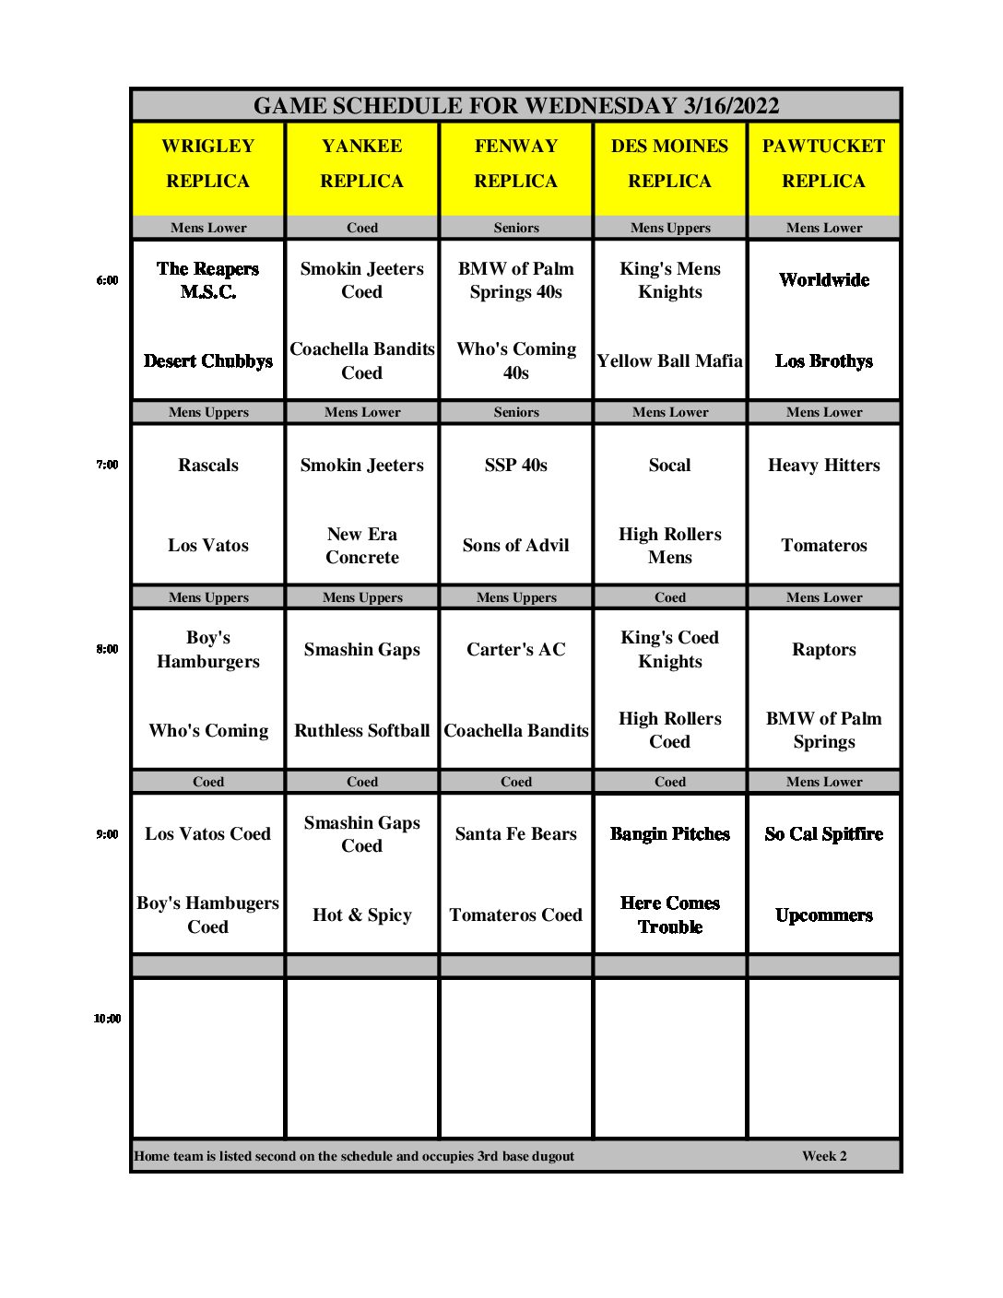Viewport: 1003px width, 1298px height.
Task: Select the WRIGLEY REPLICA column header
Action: point(208,163)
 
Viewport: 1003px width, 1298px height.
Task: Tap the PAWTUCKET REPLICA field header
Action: point(823,163)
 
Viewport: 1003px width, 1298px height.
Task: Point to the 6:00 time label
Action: point(107,280)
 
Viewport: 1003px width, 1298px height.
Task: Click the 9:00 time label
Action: point(107,834)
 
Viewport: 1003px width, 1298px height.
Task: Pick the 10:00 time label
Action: point(107,1019)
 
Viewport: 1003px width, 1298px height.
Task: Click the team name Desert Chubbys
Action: point(208,361)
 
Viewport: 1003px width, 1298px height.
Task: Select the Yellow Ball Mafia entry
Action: point(669,361)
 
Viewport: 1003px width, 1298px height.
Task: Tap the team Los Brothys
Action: point(823,361)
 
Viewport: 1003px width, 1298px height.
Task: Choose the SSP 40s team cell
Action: point(516,466)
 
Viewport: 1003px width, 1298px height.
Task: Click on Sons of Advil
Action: point(516,546)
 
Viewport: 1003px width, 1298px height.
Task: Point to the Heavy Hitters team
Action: point(823,466)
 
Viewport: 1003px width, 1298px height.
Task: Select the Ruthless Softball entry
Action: point(362,731)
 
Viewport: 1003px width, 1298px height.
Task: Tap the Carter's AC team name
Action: point(516,650)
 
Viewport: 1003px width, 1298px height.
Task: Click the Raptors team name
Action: point(823,650)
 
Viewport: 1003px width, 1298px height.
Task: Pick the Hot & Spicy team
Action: point(362,915)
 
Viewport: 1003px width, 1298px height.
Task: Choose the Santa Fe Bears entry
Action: point(516,834)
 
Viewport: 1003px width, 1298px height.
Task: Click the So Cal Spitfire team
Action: point(823,834)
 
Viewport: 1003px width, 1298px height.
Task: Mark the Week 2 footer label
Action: point(824,1156)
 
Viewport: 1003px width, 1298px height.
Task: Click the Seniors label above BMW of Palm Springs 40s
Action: point(516,228)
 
